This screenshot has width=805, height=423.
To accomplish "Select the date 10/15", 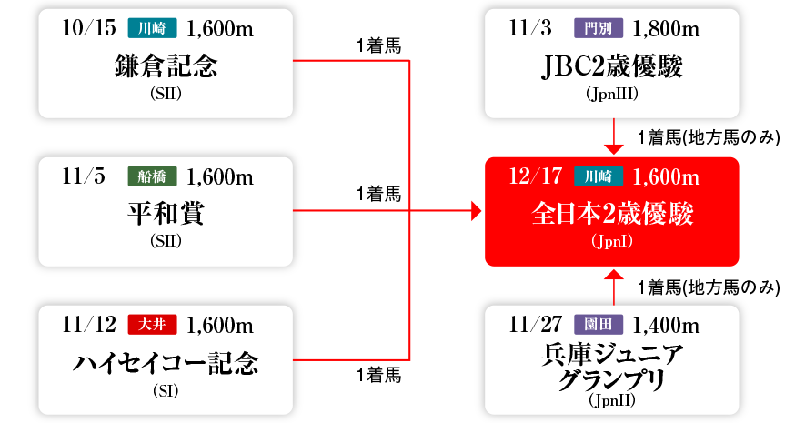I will pos(89,28).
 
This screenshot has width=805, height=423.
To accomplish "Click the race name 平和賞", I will pos(166,214).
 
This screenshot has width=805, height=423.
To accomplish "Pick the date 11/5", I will pos(85,176).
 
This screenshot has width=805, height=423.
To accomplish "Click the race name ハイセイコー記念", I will pos(166,364).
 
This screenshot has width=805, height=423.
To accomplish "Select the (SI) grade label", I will pos(166,391).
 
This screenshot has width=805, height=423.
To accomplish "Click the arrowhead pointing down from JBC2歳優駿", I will pos(614,148).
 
